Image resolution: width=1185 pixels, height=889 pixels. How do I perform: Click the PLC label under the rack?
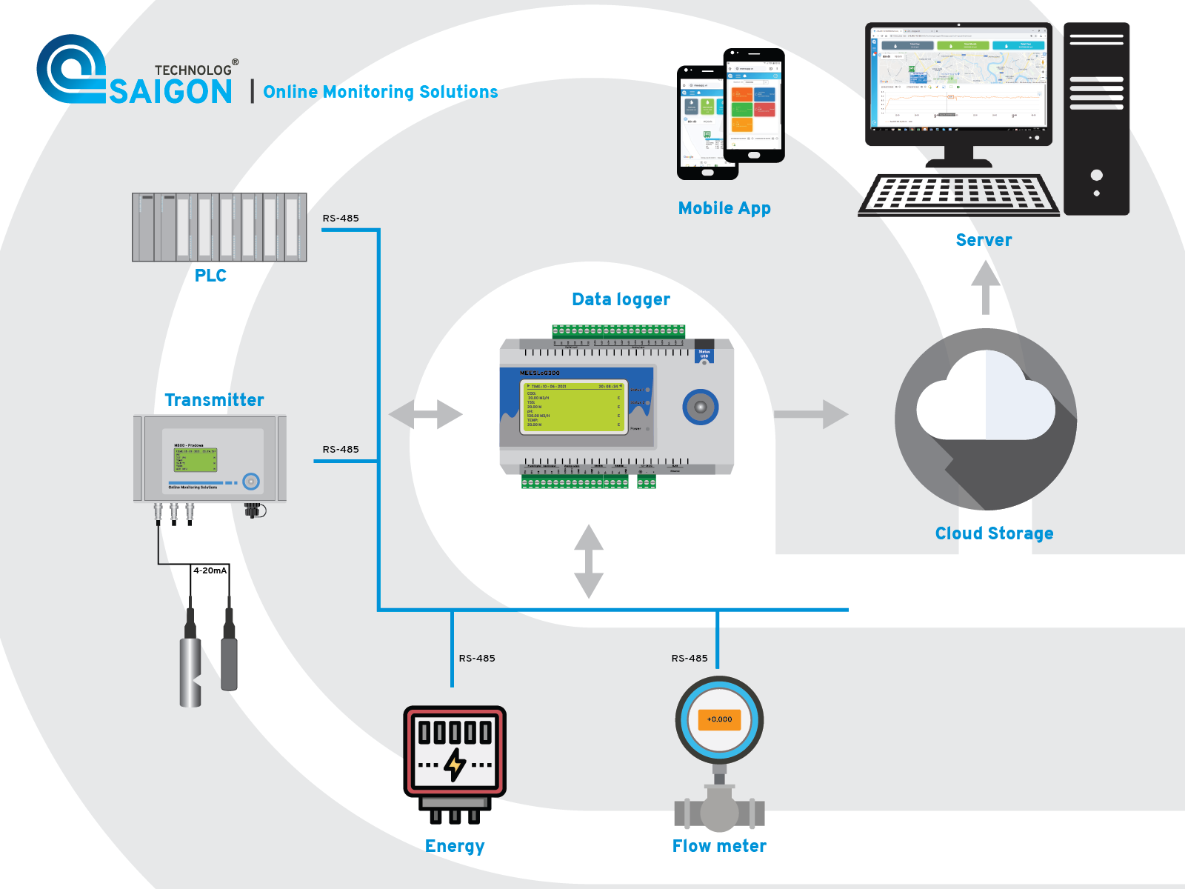click(210, 276)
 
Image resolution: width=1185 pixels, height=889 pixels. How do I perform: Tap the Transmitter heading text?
click(214, 400)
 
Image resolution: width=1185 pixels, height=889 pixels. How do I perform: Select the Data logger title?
click(621, 299)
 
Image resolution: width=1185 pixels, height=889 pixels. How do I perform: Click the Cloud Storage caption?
click(994, 533)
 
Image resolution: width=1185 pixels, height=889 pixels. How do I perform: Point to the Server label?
click(984, 240)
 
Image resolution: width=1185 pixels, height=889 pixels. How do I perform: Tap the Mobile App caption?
click(724, 208)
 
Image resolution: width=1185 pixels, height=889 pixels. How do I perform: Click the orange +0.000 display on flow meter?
click(719, 719)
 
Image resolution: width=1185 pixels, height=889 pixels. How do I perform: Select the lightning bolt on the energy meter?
click(455, 765)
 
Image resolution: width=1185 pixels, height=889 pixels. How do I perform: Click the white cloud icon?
click(985, 400)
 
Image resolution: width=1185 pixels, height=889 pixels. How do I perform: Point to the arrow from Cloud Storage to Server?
click(985, 287)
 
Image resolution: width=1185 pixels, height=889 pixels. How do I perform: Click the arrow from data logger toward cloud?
click(811, 414)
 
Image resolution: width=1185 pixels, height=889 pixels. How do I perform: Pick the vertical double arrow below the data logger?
click(589, 561)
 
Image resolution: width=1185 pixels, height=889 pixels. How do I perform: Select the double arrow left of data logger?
click(425, 414)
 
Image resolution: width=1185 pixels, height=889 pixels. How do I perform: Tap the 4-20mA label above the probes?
click(210, 570)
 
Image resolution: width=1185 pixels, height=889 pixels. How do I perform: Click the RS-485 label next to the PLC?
click(341, 219)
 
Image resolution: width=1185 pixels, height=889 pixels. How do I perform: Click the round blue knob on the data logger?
click(700, 407)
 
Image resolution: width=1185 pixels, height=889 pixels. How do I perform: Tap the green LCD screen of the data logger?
click(575, 407)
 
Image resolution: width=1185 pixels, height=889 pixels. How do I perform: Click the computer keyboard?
click(958, 194)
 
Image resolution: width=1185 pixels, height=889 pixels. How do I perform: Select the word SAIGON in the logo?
click(171, 92)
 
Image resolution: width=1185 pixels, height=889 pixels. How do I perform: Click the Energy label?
click(455, 846)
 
